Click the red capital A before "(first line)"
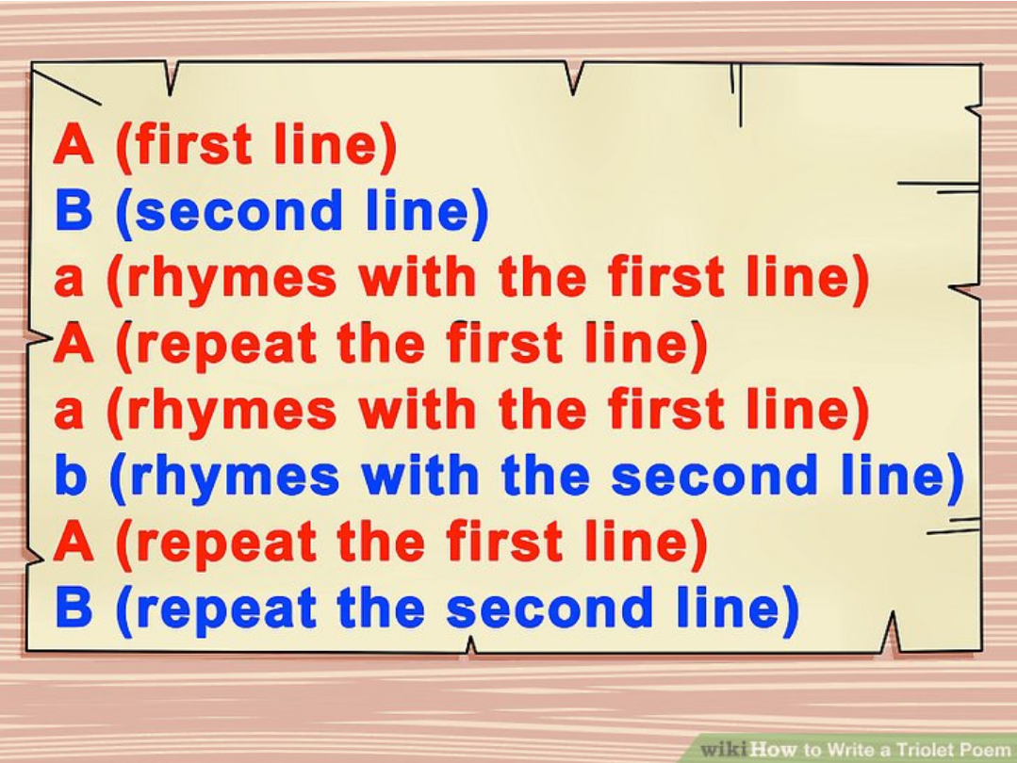(74, 143)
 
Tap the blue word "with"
(420, 475)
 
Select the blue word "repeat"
(227, 609)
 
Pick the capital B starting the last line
(74, 609)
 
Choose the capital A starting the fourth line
(74, 343)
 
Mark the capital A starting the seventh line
(74, 541)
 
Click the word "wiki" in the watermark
(724, 750)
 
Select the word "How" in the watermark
(774, 750)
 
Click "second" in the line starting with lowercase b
(714, 475)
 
